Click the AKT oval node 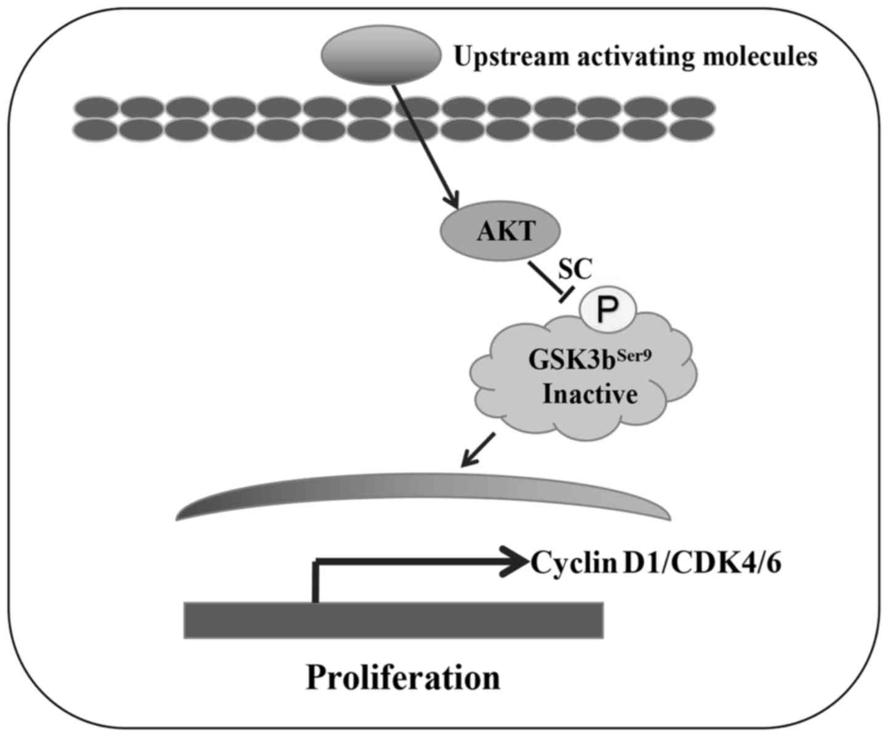tap(500, 231)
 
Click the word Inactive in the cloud tap(590, 394)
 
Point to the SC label tap(574, 269)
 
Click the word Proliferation tap(403, 678)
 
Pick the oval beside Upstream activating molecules tap(381, 56)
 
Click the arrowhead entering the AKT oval tap(454, 202)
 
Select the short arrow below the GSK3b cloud tap(478, 450)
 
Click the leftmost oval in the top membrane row tap(96, 107)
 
